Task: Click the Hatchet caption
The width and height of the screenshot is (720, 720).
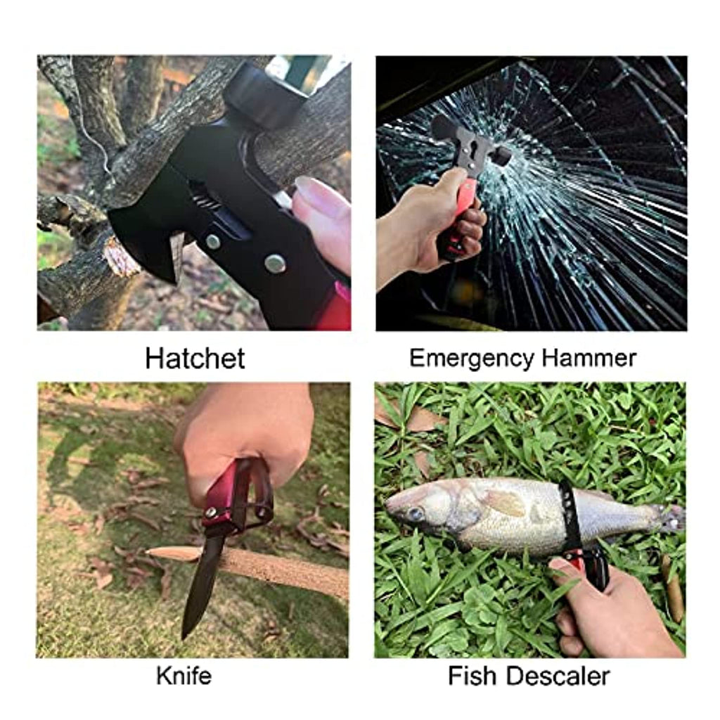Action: click(195, 358)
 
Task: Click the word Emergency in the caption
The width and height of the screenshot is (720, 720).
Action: click(472, 359)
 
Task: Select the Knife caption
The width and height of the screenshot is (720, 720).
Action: click(184, 676)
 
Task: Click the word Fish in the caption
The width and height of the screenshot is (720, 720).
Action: click(473, 676)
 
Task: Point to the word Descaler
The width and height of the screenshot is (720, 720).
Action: click(558, 676)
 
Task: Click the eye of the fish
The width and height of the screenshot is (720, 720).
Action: click(416, 513)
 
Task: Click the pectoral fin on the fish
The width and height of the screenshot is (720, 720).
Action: click(505, 502)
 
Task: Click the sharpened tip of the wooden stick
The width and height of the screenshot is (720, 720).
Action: click(148, 552)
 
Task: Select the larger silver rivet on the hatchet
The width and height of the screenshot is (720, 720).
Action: click(275, 264)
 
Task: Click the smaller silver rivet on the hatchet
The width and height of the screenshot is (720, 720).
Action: click(212, 242)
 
